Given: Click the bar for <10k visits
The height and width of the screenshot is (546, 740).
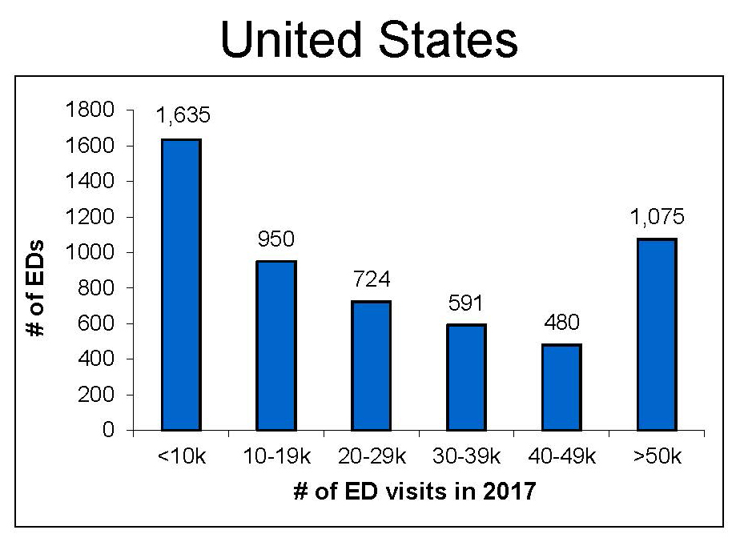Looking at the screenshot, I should pyautogui.click(x=181, y=285).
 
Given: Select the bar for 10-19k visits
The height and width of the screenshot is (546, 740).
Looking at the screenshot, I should pyautogui.click(x=275, y=346).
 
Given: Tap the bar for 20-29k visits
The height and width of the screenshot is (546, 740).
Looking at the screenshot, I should pyautogui.click(x=371, y=366).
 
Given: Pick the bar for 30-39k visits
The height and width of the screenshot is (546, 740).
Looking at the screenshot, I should pyautogui.click(x=466, y=378).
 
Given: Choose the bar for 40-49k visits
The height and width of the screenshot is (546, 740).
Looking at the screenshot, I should pyautogui.click(x=561, y=387).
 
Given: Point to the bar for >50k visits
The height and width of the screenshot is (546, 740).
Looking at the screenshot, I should pyautogui.click(x=657, y=335).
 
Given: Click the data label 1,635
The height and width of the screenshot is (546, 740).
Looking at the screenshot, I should pyautogui.click(x=182, y=116).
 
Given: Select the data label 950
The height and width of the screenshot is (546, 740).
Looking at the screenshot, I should pyautogui.click(x=276, y=239).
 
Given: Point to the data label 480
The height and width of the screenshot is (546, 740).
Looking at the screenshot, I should pyautogui.click(x=561, y=323).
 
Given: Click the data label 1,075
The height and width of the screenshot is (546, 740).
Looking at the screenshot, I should pyautogui.click(x=657, y=216).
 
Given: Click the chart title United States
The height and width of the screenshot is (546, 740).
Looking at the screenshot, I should pyautogui.click(x=369, y=39).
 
